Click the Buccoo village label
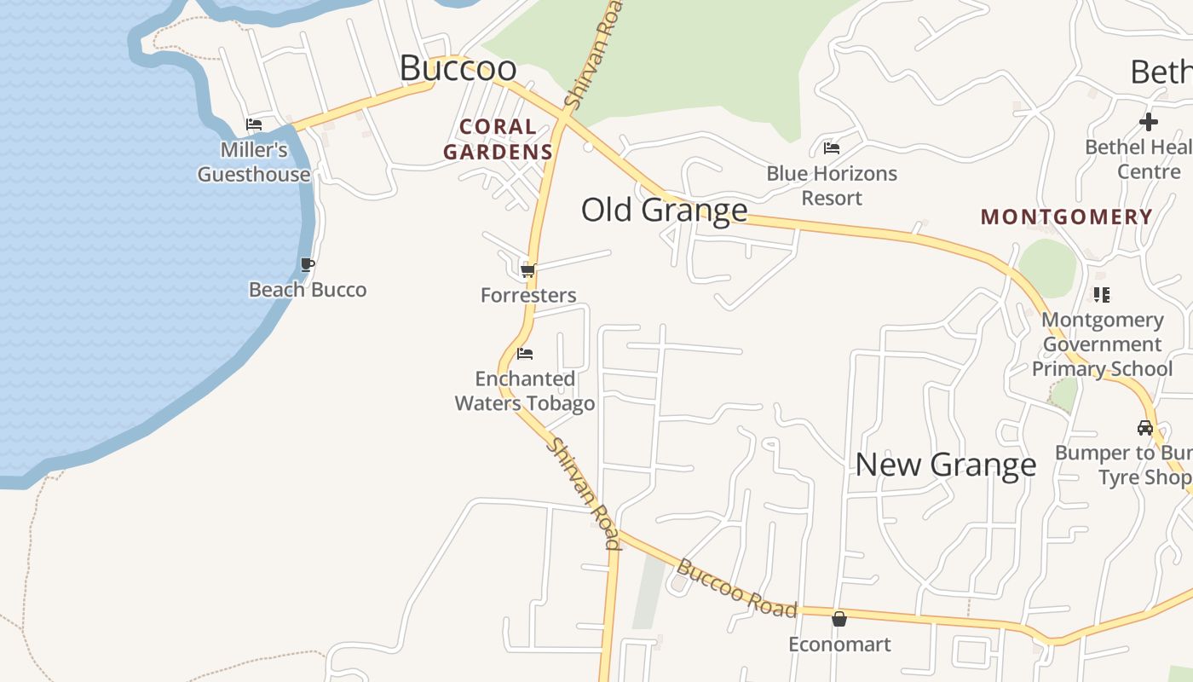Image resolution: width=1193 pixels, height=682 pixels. (458, 68)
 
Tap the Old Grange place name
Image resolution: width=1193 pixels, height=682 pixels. (664, 210)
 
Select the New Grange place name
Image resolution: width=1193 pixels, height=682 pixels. (945, 465)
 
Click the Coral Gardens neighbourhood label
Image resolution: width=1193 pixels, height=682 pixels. (499, 140)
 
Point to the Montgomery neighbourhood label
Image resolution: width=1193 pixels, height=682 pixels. (1066, 217)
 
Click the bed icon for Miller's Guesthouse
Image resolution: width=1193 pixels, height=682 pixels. (254, 124)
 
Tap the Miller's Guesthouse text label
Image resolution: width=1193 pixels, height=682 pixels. (254, 162)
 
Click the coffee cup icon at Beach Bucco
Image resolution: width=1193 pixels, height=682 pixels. (308, 265)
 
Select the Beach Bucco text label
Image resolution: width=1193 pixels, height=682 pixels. (308, 290)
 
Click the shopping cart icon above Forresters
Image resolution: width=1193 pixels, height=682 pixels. (527, 271)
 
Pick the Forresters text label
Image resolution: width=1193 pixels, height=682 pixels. (528, 296)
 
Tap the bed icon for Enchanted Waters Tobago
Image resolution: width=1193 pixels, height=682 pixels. (525, 353)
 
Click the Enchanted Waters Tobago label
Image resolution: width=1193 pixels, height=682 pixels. (525, 390)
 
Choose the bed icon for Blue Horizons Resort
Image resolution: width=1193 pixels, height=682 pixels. (832, 148)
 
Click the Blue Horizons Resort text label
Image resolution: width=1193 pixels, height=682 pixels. (832, 185)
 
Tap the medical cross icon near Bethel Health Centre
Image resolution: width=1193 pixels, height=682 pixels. (1149, 122)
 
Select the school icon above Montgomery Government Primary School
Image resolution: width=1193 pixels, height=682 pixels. (1102, 295)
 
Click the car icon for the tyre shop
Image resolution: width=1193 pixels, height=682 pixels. (1144, 427)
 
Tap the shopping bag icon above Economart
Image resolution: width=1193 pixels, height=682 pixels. (839, 619)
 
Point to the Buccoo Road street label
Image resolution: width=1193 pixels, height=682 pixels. (737, 588)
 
